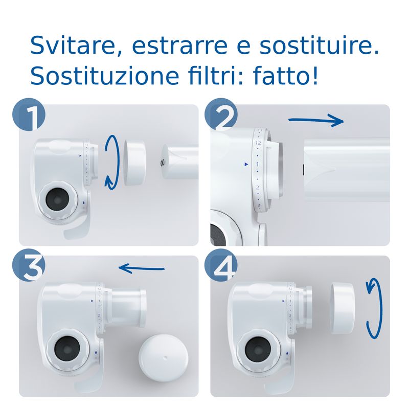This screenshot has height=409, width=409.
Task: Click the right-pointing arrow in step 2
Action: pos(315,121)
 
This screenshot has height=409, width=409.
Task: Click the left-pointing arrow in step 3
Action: pos(141,267)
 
